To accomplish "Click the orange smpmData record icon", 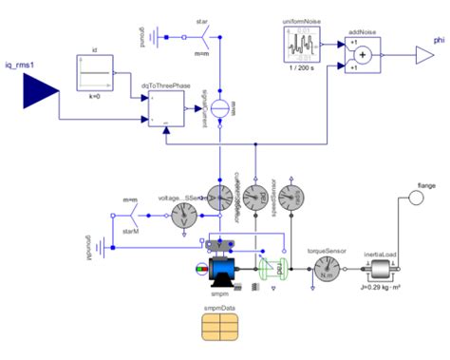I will click(222, 329).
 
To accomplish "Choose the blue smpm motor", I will click(225, 274).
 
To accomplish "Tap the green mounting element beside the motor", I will click(272, 269).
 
